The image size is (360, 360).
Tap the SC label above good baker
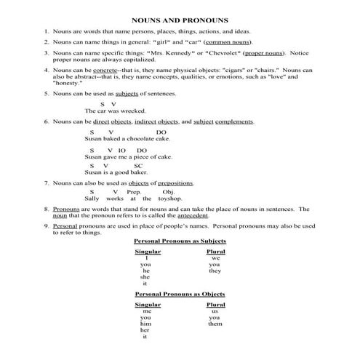point(139,165)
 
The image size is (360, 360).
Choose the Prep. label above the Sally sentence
point(139,191)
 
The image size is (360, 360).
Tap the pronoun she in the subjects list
point(145,277)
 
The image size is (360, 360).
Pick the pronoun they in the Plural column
point(215,271)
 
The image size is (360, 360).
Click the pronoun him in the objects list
point(145,324)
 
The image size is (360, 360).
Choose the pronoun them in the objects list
point(215,324)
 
